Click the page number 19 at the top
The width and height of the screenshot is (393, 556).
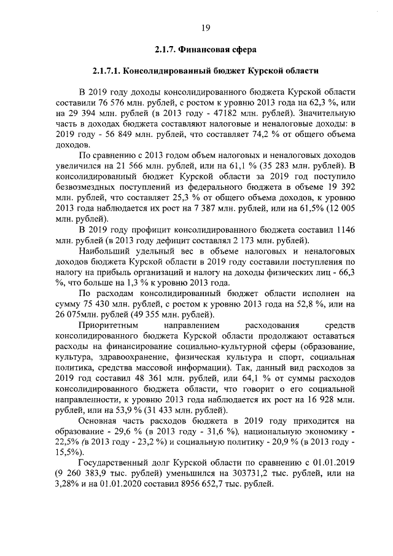[206, 26]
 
